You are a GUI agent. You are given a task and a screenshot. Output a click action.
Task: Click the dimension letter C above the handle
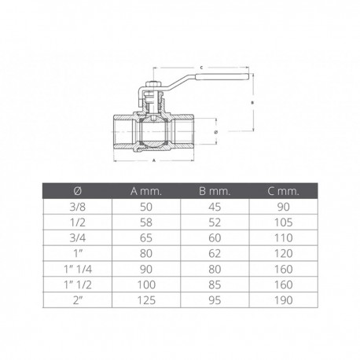tap(201, 68)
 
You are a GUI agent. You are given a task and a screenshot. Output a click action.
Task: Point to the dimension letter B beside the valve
tap(252, 103)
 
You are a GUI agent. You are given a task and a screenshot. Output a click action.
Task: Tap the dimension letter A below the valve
tap(154, 160)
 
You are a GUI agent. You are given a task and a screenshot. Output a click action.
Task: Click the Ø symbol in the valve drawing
tap(215, 132)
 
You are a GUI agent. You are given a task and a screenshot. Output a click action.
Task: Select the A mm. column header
tap(146, 191)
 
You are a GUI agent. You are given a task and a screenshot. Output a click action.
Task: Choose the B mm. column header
tap(215, 191)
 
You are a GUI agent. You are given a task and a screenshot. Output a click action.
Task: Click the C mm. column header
tap(283, 191)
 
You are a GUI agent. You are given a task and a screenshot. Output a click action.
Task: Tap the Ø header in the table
tap(78, 191)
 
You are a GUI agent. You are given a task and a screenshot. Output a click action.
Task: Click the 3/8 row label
tap(78, 207)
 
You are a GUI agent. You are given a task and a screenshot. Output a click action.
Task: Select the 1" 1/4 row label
tap(78, 269)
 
